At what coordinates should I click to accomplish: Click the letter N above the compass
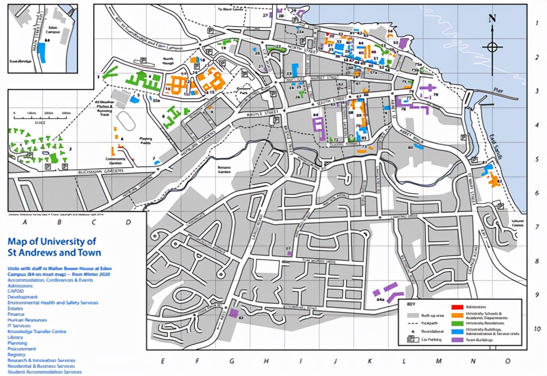point(492,19)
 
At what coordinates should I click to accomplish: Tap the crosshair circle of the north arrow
point(492,47)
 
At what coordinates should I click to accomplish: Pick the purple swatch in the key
point(457,339)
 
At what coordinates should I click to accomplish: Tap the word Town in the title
point(89,253)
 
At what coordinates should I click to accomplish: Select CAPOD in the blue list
point(16,291)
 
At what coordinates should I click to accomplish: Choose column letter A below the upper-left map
point(25,222)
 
